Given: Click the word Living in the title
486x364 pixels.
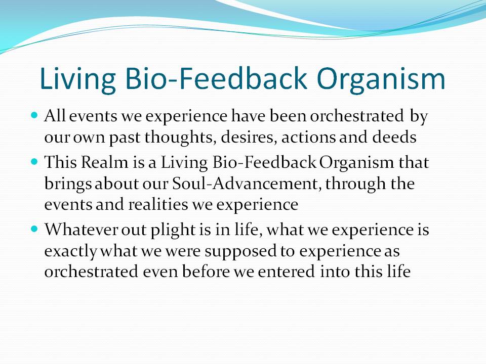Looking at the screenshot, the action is pyautogui.click(x=78, y=80).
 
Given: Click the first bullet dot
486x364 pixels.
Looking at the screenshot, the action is pyautogui.click(x=34, y=115).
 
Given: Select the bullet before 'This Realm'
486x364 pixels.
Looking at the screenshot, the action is pyautogui.click(x=34, y=162).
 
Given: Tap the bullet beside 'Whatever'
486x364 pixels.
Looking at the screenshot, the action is pyautogui.click(x=34, y=229).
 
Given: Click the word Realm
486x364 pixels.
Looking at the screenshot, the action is pyautogui.click(x=104, y=162).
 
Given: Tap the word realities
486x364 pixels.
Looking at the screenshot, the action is pyautogui.click(x=158, y=204).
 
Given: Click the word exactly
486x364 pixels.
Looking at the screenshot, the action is pyautogui.click(x=71, y=251).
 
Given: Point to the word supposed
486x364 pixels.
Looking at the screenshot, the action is pyautogui.click(x=240, y=252).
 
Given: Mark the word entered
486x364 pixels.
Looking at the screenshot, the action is pyautogui.click(x=286, y=271).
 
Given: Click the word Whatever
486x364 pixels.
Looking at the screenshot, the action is pyautogui.click(x=81, y=229).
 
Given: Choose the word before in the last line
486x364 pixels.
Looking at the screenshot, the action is pyautogui.click(x=206, y=271).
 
